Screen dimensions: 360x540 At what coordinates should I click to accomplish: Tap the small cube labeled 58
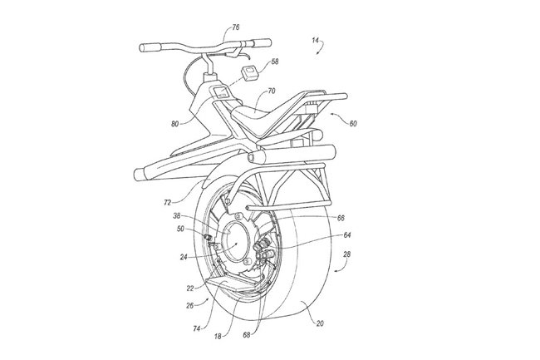(248, 73)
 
